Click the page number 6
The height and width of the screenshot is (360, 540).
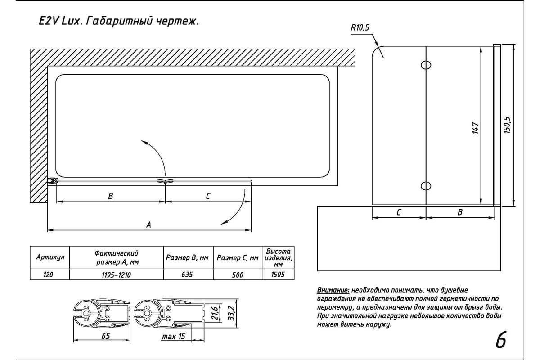point(500,340)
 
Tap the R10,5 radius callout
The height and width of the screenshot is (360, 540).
point(360,28)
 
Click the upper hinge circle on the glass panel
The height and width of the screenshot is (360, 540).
point(426,65)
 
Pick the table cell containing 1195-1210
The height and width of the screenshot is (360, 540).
point(116,274)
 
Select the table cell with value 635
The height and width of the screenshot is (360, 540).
point(187,274)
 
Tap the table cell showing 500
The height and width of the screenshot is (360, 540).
point(238,274)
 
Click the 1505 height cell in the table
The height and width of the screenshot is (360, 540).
point(278,274)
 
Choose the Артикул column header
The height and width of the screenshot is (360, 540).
point(50,257)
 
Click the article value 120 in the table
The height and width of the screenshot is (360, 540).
point(49,274)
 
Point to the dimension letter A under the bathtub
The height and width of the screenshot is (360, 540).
point(148,225)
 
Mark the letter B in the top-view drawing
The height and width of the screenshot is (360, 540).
point(111,196)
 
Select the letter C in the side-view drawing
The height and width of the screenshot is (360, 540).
point(399,212)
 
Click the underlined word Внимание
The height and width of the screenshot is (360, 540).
point(333,290)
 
